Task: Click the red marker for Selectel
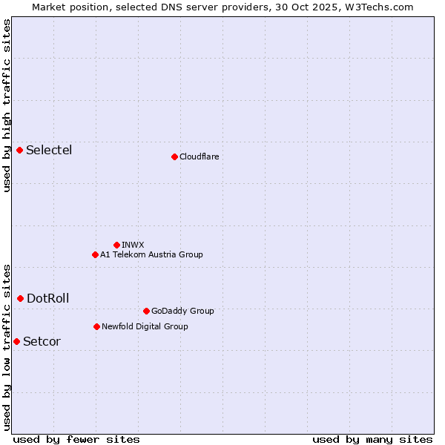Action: click(x=20, y=151)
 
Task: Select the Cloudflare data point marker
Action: click(x=174, y=156)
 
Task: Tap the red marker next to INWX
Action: click(x=116, y=245)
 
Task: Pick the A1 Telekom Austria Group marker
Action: click(x=95, y=254)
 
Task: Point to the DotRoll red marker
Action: click(x=21, y=298)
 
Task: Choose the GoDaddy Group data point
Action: click(x=146, y=311)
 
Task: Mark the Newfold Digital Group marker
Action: click(x=96, y=326)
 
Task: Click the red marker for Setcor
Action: click(x=17, y=341)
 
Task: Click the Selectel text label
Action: click(x=49, y=151)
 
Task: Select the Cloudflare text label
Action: click(x=199, y=156)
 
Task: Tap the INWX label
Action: click(x=133, y=245)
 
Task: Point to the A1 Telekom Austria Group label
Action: click(x=151, y=254)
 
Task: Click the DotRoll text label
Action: click(x=47, y=299)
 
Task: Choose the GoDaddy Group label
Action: click(x=182, y=311)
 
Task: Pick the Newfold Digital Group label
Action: click(x=145, y=326)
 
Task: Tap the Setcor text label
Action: click(x=42, y=342)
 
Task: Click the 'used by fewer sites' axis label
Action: click(x=76, y=439)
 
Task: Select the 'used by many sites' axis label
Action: click(x=372, y=439)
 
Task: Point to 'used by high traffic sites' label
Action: click(x=7, y=105)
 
